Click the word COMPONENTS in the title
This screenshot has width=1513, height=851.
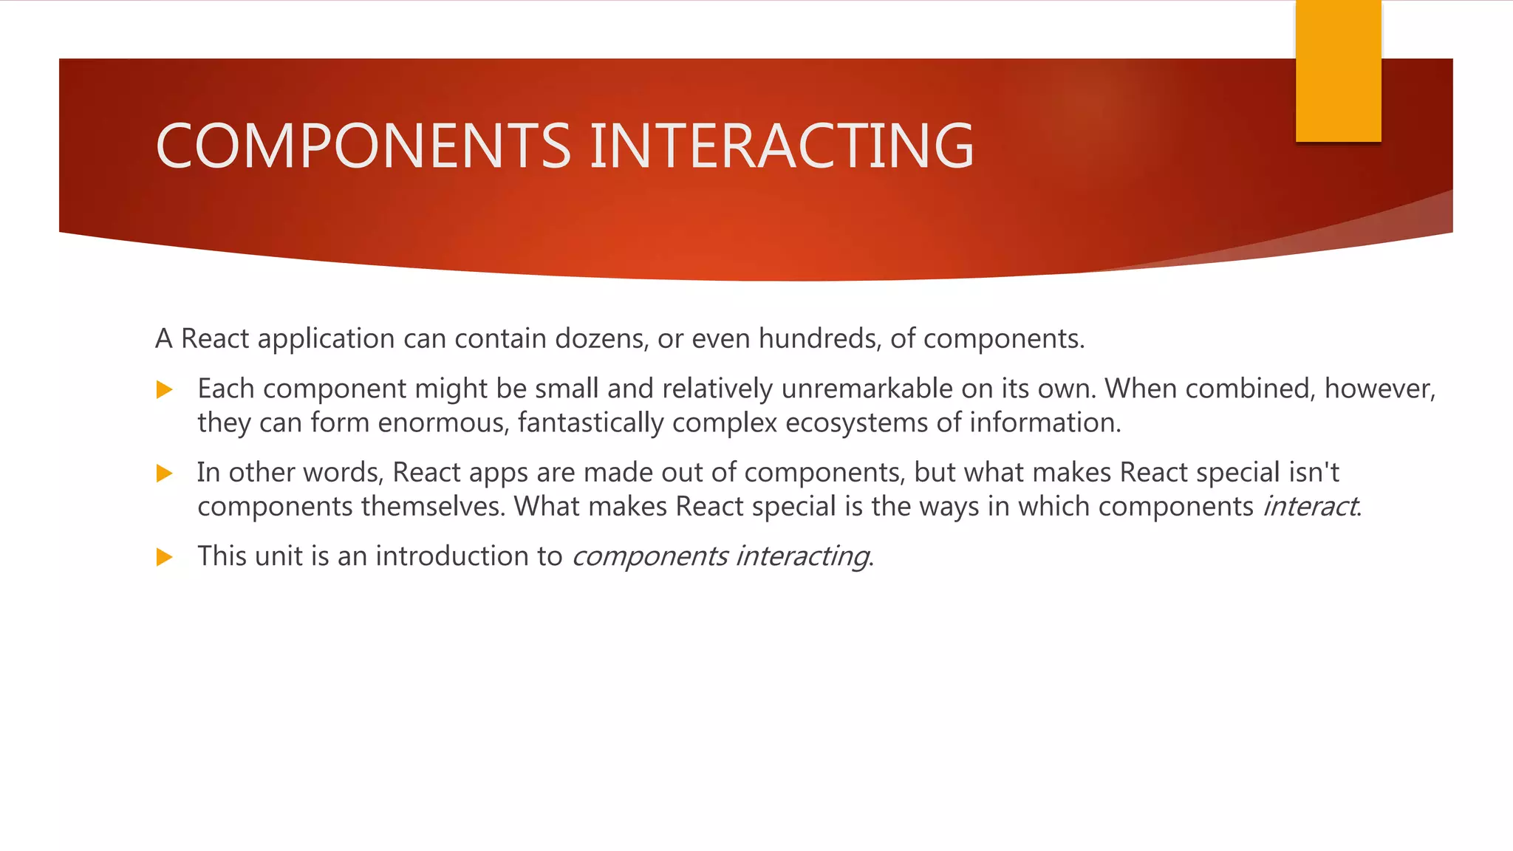click(x=363, y=146)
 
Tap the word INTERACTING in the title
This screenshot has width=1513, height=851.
click(x=782, y=146)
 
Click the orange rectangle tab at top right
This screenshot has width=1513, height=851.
click(x=1338, y=71)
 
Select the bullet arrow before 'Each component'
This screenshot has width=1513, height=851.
click(x=165, y=390)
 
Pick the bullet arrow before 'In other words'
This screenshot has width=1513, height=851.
click(x=165, y=474)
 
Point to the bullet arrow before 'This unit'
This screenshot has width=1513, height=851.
click(x=165, y=557)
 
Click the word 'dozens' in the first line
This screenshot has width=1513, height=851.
click(x=601, y=338)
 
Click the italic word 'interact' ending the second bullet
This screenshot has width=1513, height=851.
click(x=1310, y=507)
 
